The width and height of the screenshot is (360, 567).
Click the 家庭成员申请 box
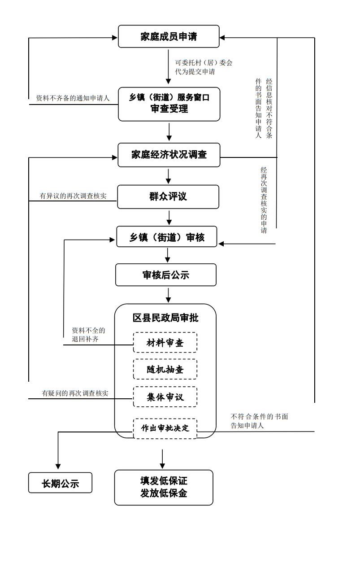pos(169,37)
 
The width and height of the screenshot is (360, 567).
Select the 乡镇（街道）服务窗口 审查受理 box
pos(169,104)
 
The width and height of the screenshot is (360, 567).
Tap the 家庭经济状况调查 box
pos(169,155)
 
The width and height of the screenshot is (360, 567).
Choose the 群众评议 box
pos(168,196)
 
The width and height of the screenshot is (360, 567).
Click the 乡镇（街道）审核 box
pos(167,237)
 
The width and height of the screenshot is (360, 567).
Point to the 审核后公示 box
pos(165,275)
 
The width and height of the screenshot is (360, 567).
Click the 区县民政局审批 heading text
pos(165,318)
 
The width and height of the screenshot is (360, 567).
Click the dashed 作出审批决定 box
pos(165,428)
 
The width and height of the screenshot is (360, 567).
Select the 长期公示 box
pos(60,483)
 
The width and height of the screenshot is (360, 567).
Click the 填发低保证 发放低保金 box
pos(163,487)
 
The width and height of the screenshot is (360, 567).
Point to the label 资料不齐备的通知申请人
pos(73,98)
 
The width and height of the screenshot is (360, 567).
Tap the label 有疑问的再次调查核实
pos(75,393)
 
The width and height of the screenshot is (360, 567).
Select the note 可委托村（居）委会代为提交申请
pos(204,67)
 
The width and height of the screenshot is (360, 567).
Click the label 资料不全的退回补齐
pos(88,335)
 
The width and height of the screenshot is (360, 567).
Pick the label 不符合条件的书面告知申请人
pos(259,421)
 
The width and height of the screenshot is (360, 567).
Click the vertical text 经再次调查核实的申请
pos(264,200)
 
